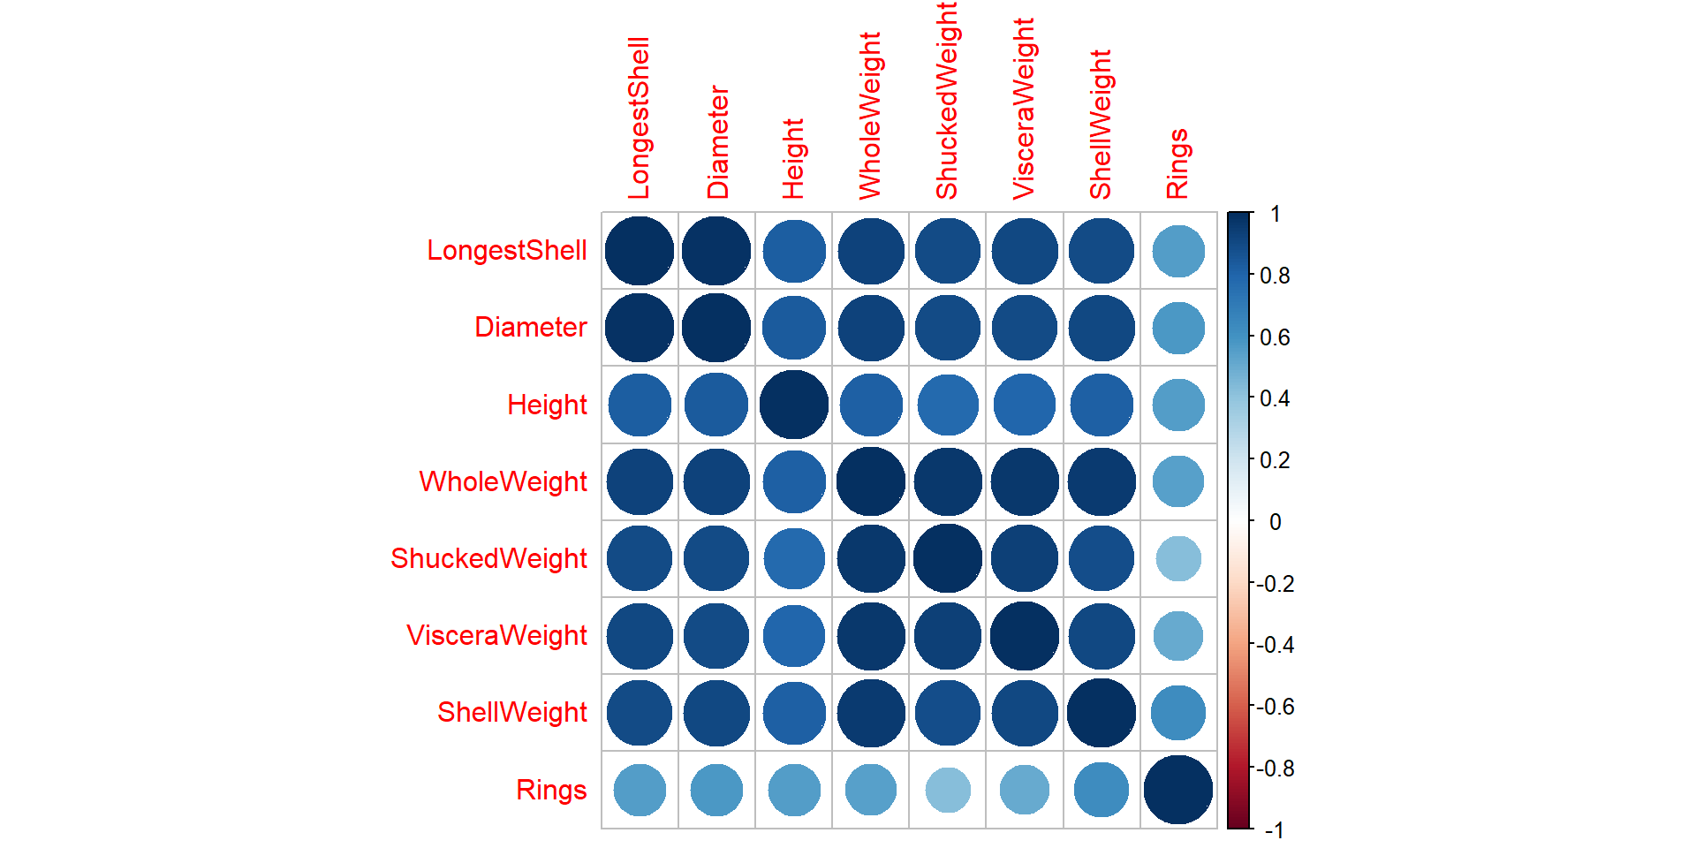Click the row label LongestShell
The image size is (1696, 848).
pyautogui.click(x=506, y=250)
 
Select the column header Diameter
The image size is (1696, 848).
pyautogui.click(x=717, y=141)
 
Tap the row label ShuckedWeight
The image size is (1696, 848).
pyautogui.click(x=488, y=558)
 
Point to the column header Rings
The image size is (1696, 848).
pyautogui.click(x=1177, y=163)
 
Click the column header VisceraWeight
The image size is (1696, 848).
pyautogui.click(x=1024, y=109)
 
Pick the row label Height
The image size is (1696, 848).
pyautogui.click(x=547, y=405)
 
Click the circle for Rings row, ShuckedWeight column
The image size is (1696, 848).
pyautogui.click(x=948, y=790)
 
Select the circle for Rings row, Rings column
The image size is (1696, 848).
pyautogui.click(x=1178, y=790)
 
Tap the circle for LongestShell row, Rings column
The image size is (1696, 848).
pyautogui.click(x=1178, y=251)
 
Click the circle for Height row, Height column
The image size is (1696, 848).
pyautogui.click(x=794, y=405)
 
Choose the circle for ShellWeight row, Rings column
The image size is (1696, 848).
pyautogui.click(x=1178, y=713)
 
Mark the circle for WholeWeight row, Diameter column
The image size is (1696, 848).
pyautogui.click(x=716, y=481)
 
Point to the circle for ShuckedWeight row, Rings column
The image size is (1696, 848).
pyautogui.click(x=1178, y=558)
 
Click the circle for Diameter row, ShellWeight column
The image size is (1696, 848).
pyautogui.click(x=1102, y=328)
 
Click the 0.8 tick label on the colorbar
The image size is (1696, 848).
pyautogui.click(x=1275, y=276)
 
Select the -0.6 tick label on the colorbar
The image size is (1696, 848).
pyautogui.click(x=1276, y=707)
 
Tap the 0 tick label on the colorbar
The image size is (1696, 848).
pyautogui.click(x=1275, y=522)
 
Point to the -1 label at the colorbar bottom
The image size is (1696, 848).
pyautogui.click(x=1274, y=830)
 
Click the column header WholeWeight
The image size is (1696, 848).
pyautogui.click(x=870, y=116)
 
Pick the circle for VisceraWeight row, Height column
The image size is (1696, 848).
pyautogui.click(x=794, y=636)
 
